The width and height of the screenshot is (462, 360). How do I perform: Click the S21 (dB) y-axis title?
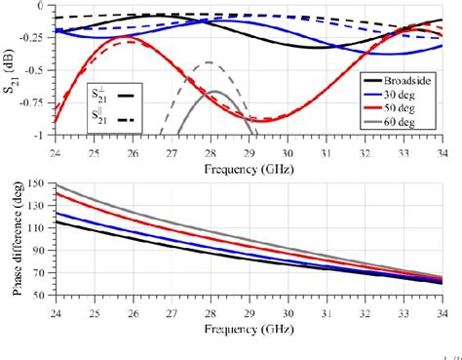point(10,69)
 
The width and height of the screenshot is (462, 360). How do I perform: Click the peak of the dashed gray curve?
point(209,62)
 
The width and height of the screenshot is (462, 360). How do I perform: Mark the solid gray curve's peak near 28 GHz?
point(214,92)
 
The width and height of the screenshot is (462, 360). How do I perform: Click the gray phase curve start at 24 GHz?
point(56,185)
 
